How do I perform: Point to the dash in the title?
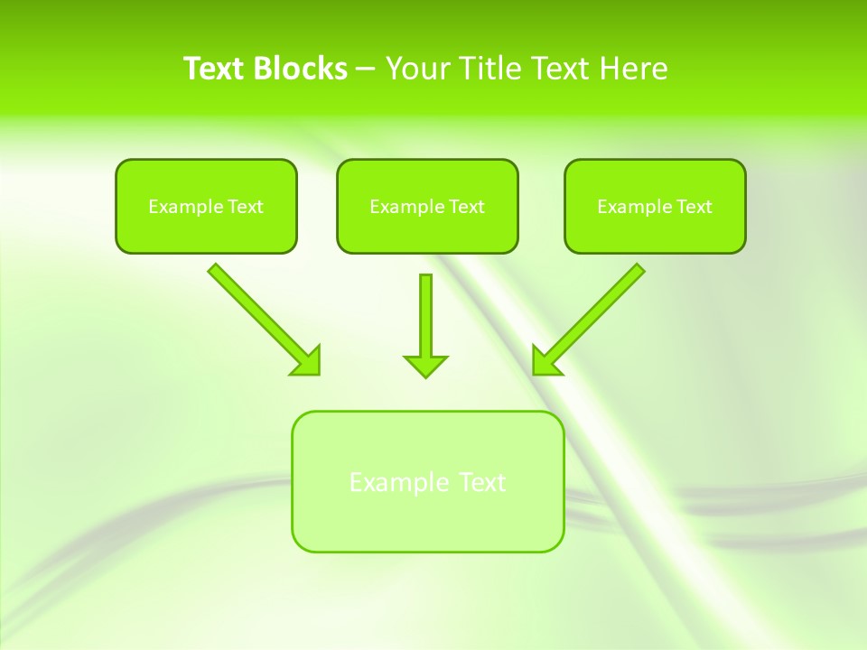pos(366,70)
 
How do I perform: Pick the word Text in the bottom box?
pos(483,482)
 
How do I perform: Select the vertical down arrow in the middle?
pos(425,316)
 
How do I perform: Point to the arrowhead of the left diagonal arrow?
pos(308,362)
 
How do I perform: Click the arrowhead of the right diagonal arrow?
pos(545,362)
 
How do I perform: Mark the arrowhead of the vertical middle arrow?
pos(425,365)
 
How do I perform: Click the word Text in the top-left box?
pos(245,207)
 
